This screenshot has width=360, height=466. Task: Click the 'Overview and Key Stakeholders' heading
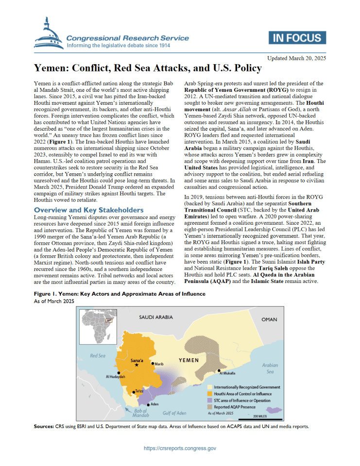89,210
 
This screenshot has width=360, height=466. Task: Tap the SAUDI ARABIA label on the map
156,317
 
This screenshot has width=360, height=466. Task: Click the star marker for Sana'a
137,365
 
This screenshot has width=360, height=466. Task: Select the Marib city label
159,364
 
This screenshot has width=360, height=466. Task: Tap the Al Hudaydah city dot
119,373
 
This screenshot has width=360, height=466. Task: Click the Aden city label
155,404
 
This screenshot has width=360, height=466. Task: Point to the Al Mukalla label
227,373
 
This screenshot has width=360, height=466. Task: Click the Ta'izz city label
139,390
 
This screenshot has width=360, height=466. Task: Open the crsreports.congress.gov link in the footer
180,449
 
